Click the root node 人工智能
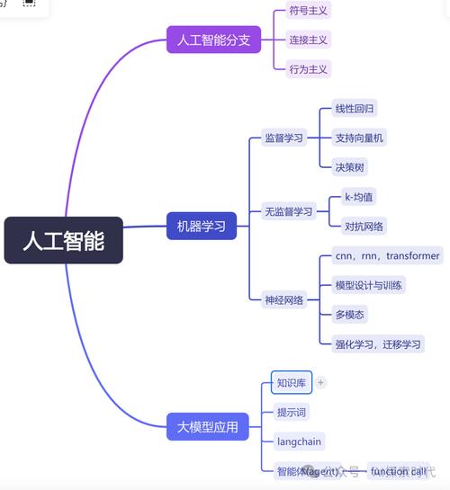63,240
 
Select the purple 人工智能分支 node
213,40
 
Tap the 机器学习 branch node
201,226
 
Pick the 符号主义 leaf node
308,11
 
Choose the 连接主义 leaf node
308,40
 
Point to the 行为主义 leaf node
308,68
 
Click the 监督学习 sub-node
283,138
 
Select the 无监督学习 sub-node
288,212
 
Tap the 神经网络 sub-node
283,299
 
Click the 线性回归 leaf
355,109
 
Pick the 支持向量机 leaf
359,138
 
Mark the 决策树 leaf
350,166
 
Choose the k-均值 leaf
359,197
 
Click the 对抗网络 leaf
364,226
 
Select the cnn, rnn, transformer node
387,256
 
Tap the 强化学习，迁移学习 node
378,343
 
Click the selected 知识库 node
291,382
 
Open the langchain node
299,441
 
